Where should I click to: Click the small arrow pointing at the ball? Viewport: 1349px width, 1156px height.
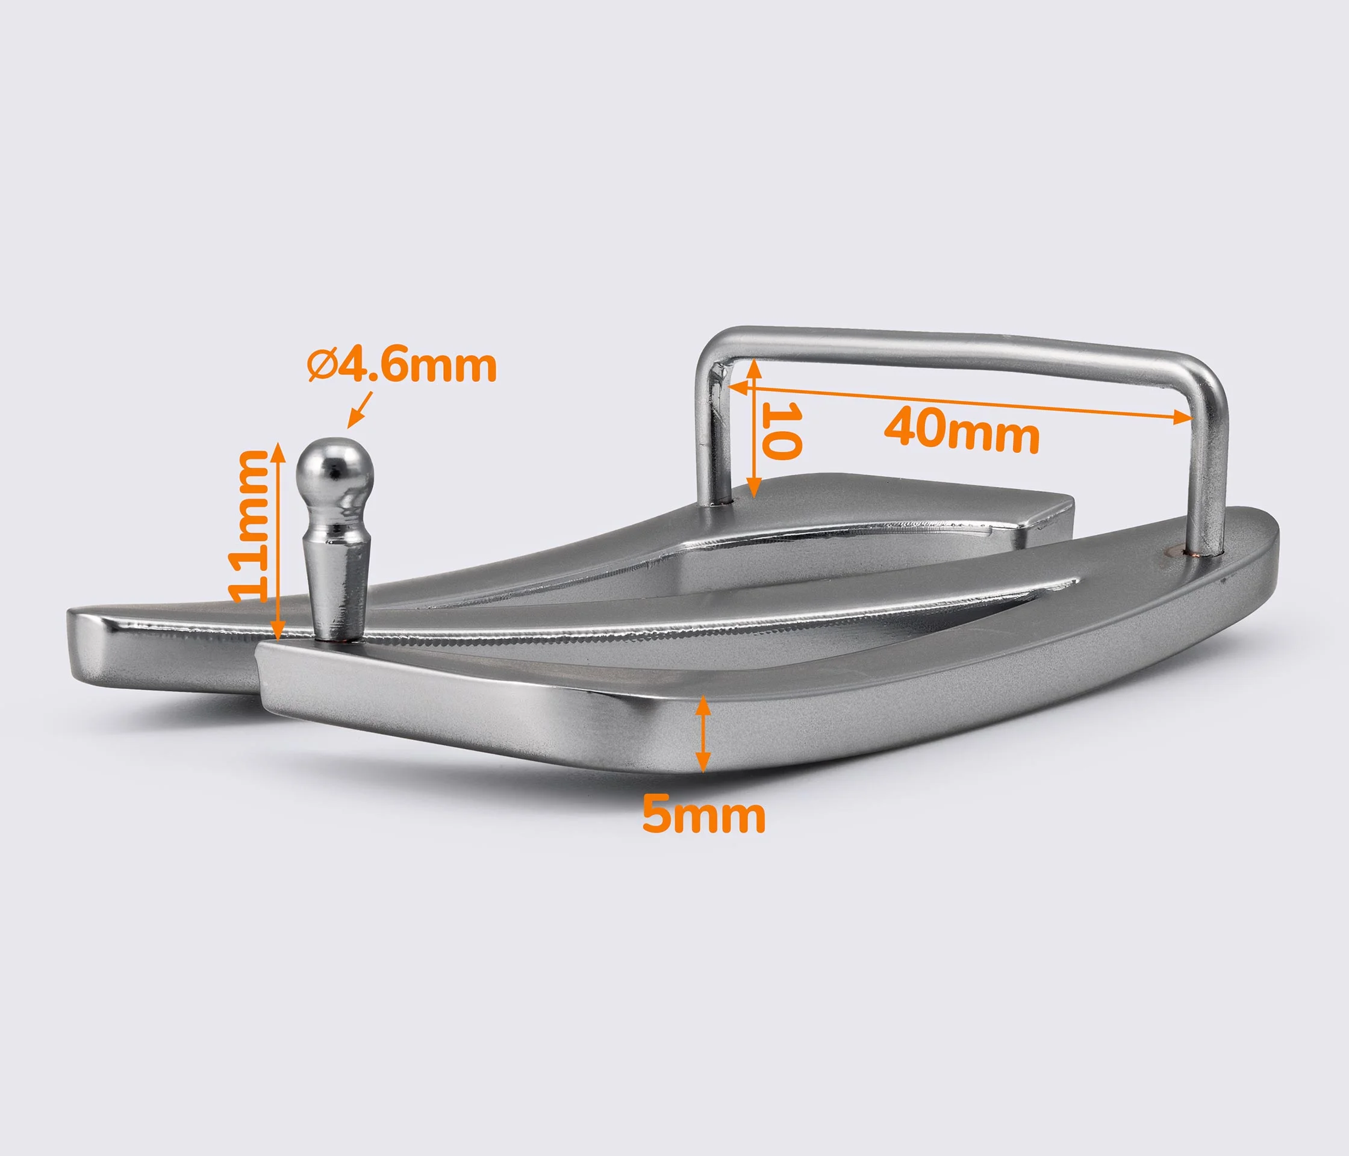tap(360, 408)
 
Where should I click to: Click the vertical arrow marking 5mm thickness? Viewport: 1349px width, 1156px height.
tap(702, 733)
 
